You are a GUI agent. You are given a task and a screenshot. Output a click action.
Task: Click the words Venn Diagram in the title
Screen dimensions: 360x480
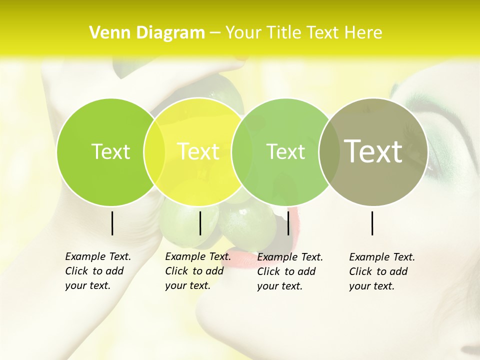click(x=147, y=32)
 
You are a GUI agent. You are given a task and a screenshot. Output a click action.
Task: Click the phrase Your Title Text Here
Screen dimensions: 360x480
click(x=303, y=32)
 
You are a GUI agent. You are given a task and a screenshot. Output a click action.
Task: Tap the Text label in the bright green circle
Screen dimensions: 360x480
click(x=110, y=151)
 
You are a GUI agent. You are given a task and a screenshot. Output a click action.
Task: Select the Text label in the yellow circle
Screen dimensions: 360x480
click(x=198, y=151)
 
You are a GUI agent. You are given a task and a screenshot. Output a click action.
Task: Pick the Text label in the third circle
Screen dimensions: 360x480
click(x=285, y=151)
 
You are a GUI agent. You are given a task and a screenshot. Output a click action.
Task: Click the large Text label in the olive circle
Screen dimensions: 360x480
click(x=373, y=151)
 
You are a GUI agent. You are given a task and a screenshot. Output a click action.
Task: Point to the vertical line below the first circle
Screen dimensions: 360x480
click(x=112, y=223)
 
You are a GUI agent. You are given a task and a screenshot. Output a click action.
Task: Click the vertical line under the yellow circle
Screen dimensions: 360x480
click(x=200, y=223)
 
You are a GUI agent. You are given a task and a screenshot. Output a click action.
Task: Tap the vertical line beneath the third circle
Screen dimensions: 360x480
click(x=288, y=223)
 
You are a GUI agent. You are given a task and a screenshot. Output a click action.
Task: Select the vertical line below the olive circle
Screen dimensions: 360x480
click(x=372, y=223)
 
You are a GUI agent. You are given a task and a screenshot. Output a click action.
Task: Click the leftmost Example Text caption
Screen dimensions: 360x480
click(x=97, y=271)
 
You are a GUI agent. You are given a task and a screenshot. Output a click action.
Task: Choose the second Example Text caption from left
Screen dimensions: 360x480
click(x=197, y=271)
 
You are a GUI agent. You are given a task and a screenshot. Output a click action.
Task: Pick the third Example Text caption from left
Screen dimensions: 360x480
click(x=289, y=271)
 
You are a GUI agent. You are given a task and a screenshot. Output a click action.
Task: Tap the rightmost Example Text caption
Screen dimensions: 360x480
click(x=381, y=271)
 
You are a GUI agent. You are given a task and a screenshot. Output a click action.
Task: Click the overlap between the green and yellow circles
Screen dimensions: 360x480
click(x=154, y=152)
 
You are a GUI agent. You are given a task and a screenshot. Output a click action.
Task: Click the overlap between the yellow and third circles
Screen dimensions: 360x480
click(x=241, y=152)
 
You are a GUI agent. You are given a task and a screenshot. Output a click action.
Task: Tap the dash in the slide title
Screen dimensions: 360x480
click(x=215, y=33)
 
